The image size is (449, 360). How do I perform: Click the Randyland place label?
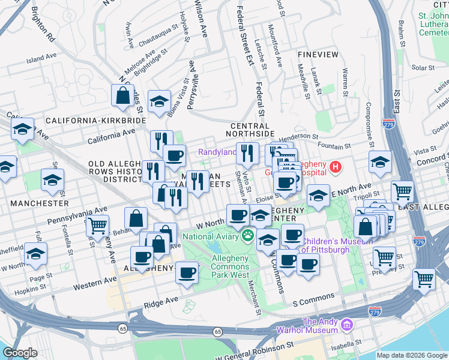[x=217, y=152]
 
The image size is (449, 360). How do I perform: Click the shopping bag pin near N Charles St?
[x=122, y=95]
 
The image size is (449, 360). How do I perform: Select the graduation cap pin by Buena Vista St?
[x=159, y=101]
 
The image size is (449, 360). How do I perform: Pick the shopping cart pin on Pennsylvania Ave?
[x=97, y=226]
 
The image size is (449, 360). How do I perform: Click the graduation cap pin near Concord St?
[x=380, y=162]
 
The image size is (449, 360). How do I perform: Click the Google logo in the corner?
[x=20, y=353]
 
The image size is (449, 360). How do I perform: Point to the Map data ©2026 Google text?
[x=412, y=355]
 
